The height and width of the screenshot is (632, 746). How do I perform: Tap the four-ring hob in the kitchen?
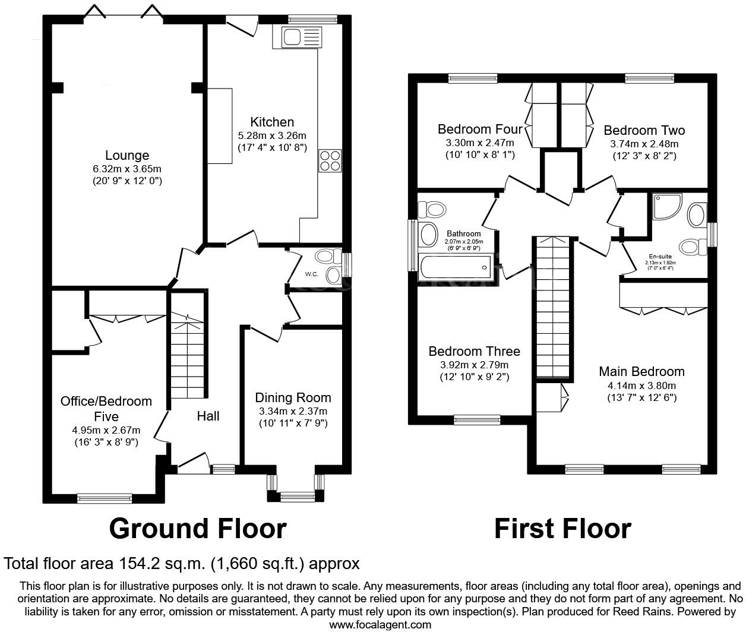point(330,160)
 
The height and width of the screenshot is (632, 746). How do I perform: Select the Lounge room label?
point(127,156)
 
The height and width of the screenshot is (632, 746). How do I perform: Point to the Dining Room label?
point(293,398)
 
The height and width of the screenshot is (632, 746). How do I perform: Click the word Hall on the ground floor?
point(208,416)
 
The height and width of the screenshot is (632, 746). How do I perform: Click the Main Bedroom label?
point(641,372)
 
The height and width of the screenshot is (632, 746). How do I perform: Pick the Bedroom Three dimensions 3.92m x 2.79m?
point(474,365)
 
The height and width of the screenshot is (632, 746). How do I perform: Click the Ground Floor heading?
point(198,528)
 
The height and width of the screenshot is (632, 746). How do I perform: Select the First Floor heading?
point(562,528)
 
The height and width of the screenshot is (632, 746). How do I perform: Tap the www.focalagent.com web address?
point(380,624)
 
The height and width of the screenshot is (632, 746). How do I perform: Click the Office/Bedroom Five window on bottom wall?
point(105,498)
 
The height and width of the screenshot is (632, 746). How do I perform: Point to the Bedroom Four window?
point(472,77)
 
